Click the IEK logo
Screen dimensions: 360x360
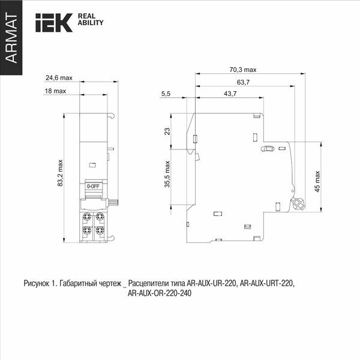tap(54, 23)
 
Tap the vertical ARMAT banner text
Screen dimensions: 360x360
tap(11, 38)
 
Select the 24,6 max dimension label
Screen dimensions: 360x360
tap(59, 78)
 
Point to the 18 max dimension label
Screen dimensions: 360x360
tap(55, 91)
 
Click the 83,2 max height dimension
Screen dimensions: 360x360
tap(60, 173)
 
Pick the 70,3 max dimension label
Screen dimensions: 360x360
tap(243, 70)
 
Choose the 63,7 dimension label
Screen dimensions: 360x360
tap(243, 82)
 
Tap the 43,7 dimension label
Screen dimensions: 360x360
tap(230, 94)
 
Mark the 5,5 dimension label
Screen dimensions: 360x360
tap(166, 94)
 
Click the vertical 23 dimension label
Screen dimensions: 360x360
tap(167, 131)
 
